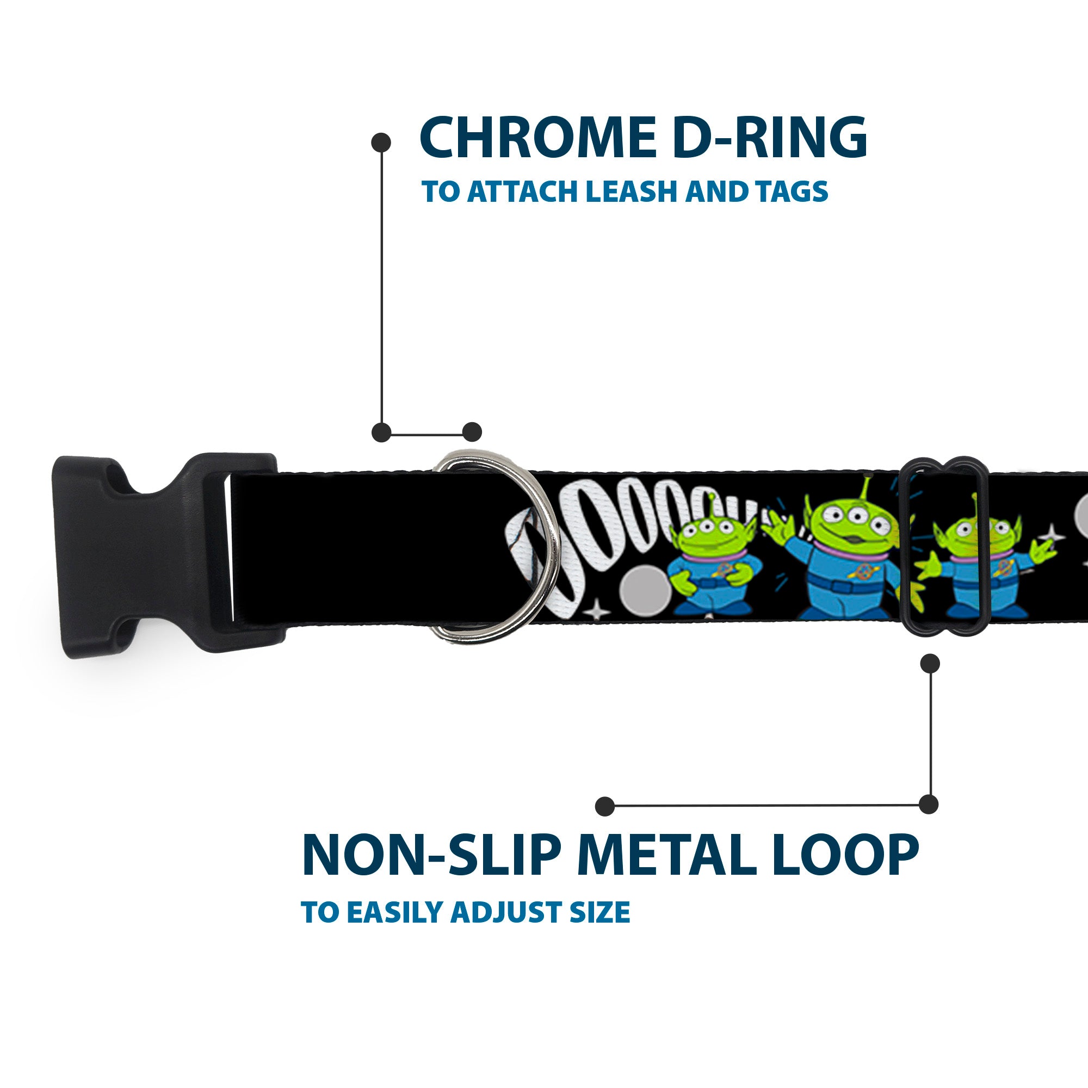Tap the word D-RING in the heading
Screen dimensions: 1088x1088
(x=769, y=138)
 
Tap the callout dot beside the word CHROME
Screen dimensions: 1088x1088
(x=381, y=142)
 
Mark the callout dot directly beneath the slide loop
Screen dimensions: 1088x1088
(x=930, y=663)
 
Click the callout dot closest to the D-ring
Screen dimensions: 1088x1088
(x=472, y=432)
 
